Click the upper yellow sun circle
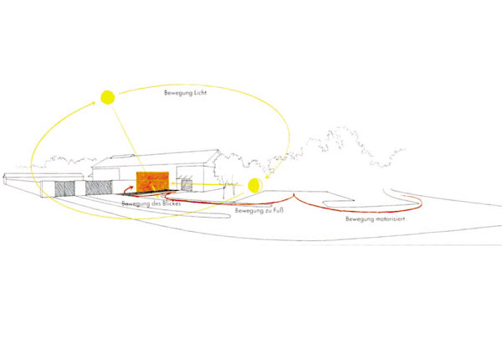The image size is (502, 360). coord(108,97)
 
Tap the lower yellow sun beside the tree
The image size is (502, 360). coord(255,186)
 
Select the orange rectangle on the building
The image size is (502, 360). coord(152,182)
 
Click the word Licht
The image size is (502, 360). coord(199,93)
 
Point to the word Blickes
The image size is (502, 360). coord(172,203)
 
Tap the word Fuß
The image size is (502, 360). coord(278,211)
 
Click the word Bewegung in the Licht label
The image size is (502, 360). coord(177,93)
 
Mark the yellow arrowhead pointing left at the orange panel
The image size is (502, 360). coord(173,183)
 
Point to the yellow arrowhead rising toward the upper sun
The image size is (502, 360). coord(93,103)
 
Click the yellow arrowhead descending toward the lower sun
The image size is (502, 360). coord(268,176)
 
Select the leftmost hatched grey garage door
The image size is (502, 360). coord(65,188)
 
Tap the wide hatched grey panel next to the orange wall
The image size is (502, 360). coord(99,188)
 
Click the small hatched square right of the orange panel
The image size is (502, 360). coord(187,185)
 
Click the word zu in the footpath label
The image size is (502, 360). coord(267,211)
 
